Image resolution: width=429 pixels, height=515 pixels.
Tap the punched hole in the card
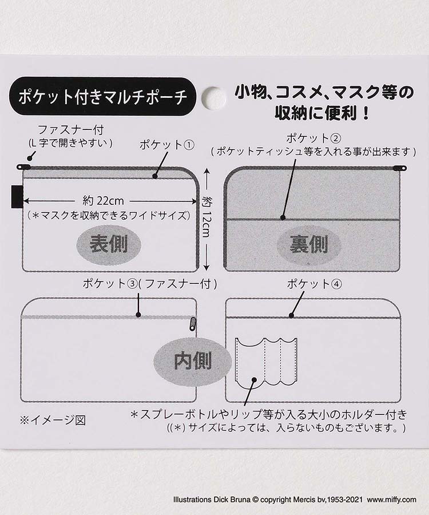(213, 98)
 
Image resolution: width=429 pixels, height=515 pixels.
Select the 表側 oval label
(108, 244)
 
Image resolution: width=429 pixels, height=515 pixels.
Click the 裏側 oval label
(309, 245)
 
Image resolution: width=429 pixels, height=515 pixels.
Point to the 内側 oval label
(193, 361)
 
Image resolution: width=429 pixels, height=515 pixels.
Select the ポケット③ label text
(105, 283)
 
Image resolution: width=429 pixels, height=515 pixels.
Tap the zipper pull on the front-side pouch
(24, 167)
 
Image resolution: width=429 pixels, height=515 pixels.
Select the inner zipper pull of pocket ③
(192, 324)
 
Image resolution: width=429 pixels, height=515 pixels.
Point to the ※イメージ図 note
(53, 420)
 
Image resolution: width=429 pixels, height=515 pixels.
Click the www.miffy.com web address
(392, 500)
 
